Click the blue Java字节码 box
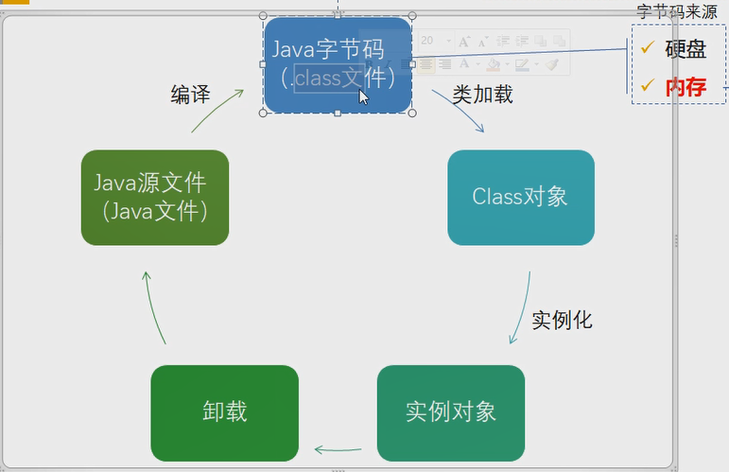pos(338,64)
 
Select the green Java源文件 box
pos(155,197)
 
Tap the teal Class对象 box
pos(521,197)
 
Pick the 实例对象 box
pos(451,413)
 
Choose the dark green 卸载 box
pos(224,413)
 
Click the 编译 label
pos(190,95)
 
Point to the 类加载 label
pos(482,95)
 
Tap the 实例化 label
pos(562,320)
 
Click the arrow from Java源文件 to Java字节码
pos(216,109)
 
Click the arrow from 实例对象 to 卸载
pos(338,450)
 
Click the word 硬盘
pos(686,49)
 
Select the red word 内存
pos(686,87)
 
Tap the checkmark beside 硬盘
pos(648,46)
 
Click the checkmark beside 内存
pos(648,84)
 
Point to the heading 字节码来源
pos(677,11)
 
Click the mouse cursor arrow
pos(363,97)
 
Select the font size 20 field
pos(436,41)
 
